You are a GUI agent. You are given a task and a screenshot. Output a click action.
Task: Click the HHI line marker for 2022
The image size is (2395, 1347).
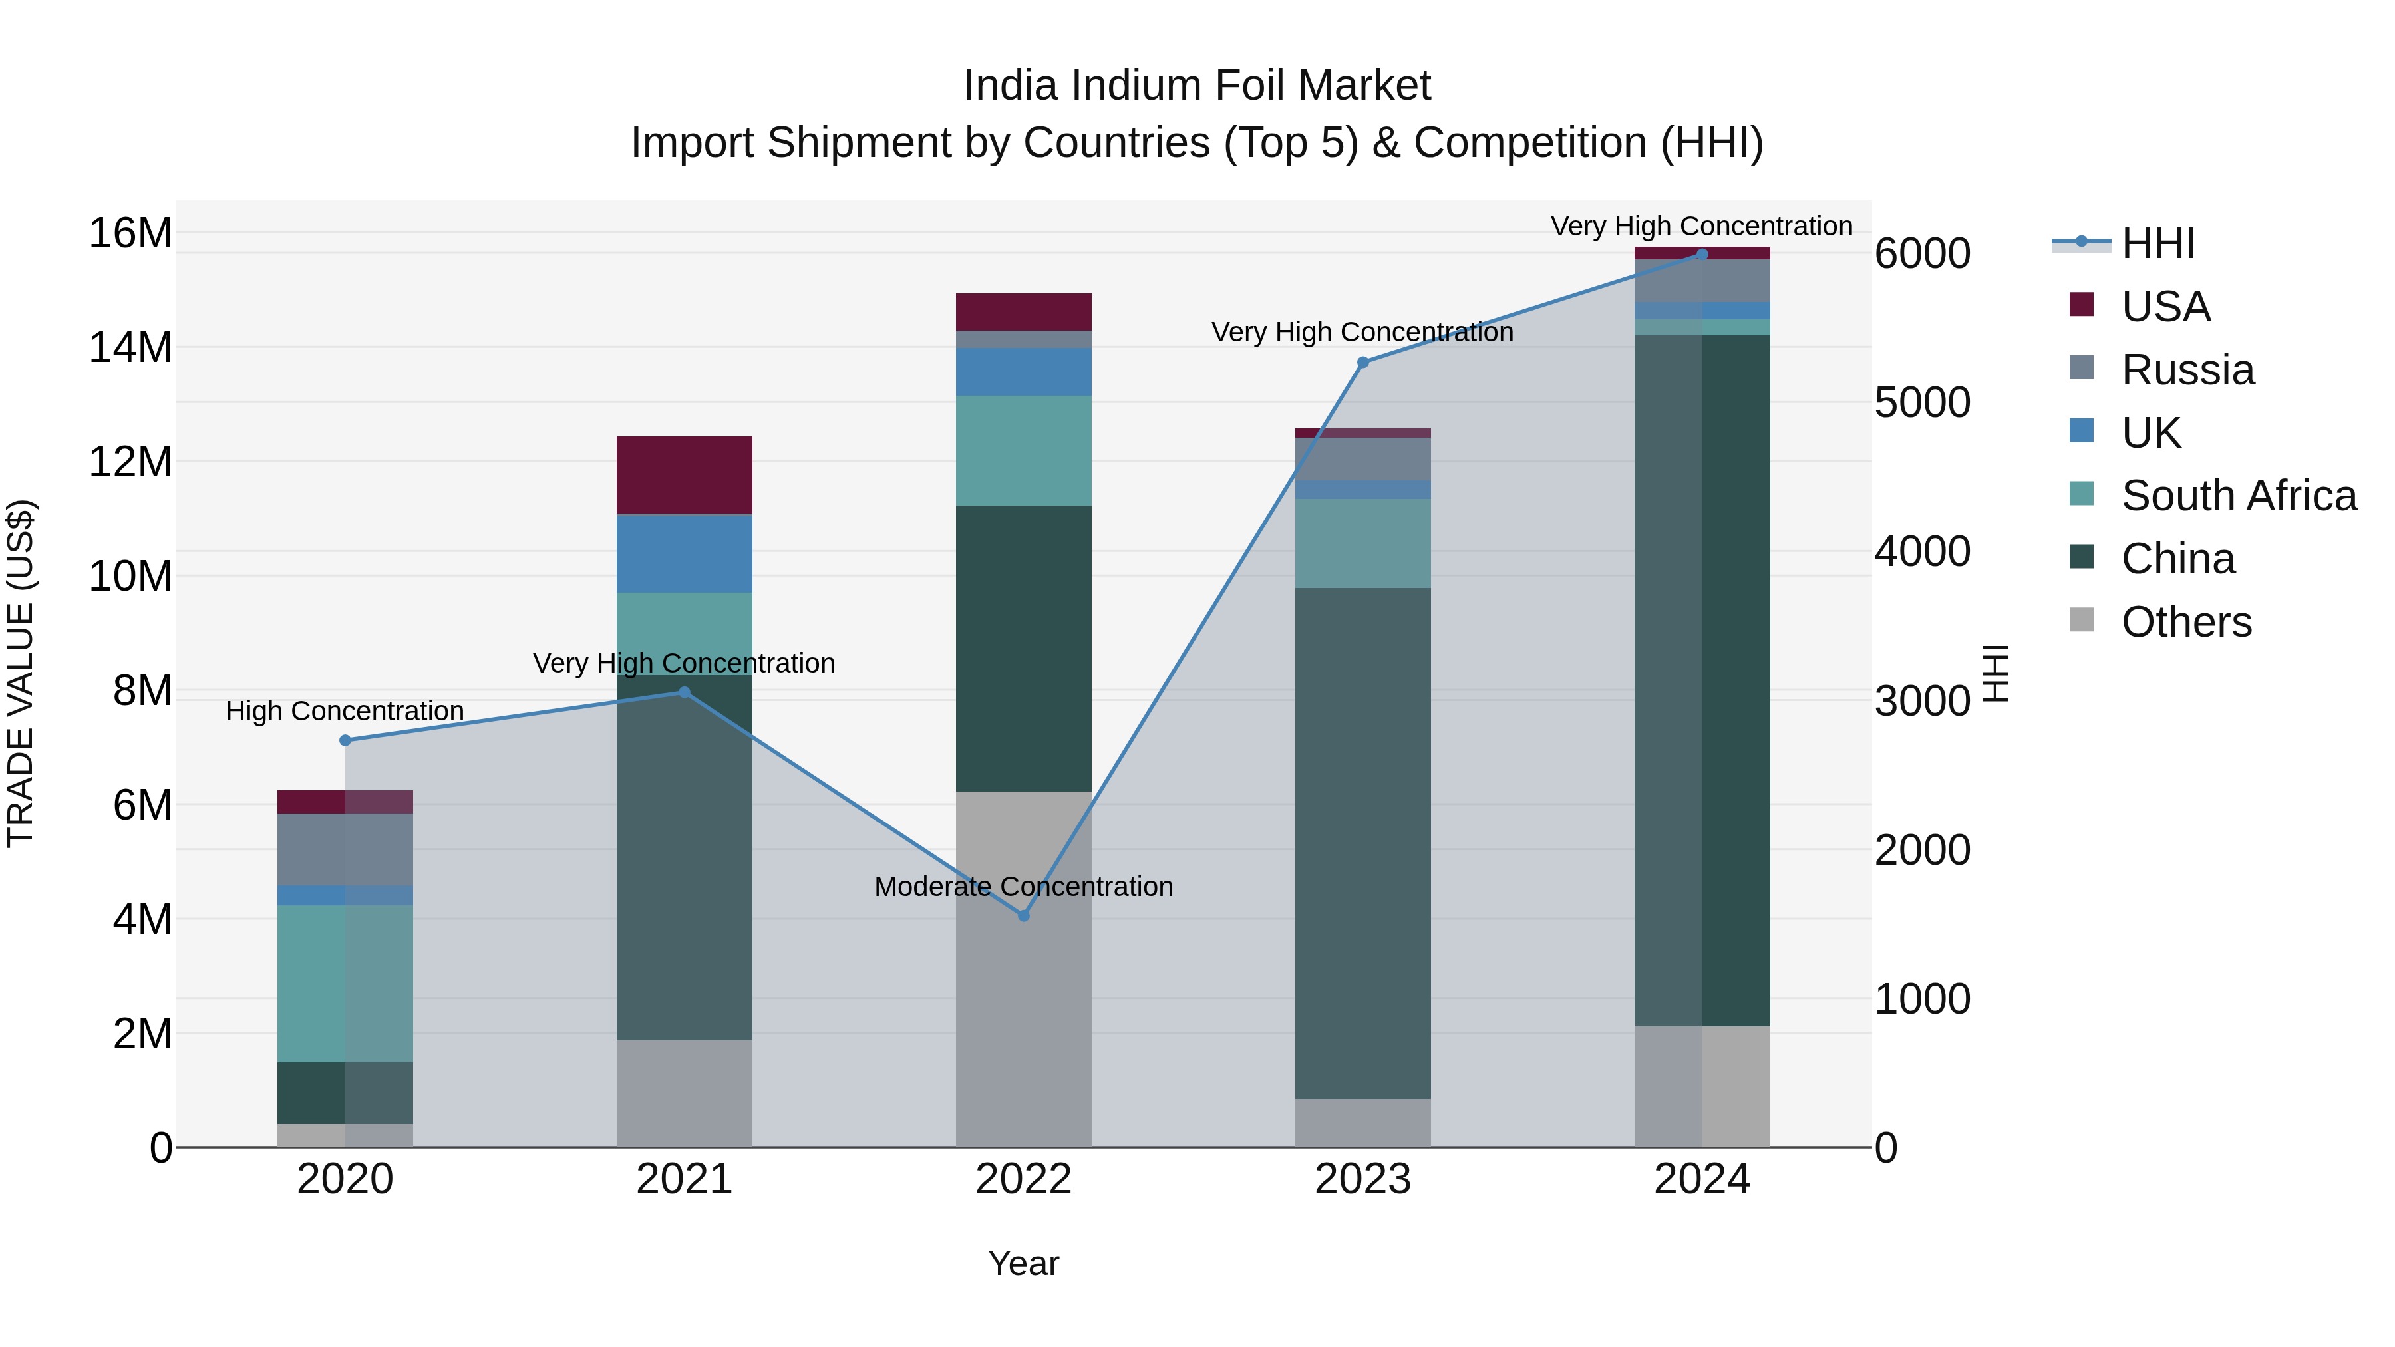pyautogui.click(x=1024, y=916)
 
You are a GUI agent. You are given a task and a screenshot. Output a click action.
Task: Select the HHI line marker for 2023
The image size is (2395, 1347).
pyautogui.click(x=1363, y=363)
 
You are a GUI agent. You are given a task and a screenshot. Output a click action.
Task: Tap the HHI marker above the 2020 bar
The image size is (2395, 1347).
pyautogui.click(x=345, y=740)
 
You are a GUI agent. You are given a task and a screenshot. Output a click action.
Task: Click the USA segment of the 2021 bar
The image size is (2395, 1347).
pyautogui.click(x=685, y=474)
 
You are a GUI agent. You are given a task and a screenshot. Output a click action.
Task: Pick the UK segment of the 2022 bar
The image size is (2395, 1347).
pyautogui.click(x=1024, y=372)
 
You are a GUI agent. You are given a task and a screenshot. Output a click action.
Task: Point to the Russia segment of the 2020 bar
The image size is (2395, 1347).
pyautogui.click(x=345, y=849)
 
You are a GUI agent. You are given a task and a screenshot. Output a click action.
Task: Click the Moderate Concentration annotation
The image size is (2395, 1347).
pyautogui.click(x=1024, y=887)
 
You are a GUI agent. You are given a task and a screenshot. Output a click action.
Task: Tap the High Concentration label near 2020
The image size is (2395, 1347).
pyautogui.click(x=345, y=711)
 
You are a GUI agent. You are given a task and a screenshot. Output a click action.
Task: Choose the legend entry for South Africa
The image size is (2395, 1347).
pyautogui.click(x=2238, y=496)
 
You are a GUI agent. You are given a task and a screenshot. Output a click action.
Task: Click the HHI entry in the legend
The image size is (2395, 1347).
pyautogui.click(x=2157, y=243)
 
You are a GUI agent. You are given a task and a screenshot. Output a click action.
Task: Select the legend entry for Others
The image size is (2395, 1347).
pyautogui.click(x=2186, y=622)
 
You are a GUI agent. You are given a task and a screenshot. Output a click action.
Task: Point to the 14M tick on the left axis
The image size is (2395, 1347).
pyautogui.click(x=130, y=348)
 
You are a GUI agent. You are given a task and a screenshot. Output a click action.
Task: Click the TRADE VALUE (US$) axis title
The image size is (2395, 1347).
pyautogui.click(x=21, y=673)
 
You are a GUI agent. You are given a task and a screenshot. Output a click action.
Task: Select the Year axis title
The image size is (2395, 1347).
pyautogui.click(x=1024, y=1263)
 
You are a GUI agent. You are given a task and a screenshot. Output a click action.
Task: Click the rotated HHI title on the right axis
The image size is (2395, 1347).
pyautogui.click(x=1995, y=673)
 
